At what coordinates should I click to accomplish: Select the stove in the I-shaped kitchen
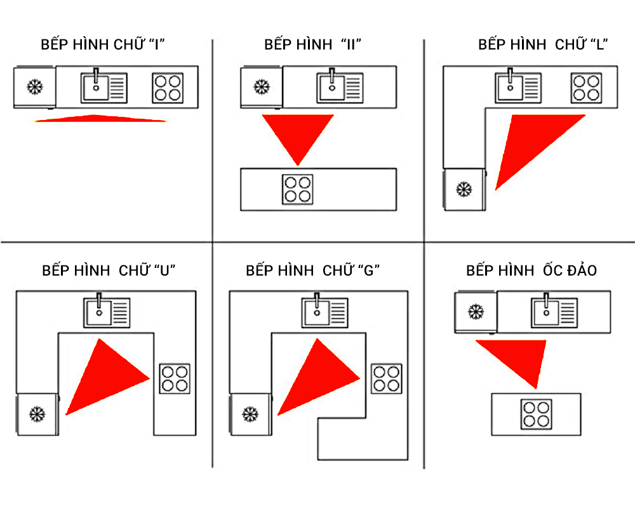(168, 88)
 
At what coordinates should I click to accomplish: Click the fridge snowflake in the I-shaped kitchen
(34, 87)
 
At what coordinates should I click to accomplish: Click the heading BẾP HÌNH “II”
(312, 45)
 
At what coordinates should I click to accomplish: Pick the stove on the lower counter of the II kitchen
(298, 189)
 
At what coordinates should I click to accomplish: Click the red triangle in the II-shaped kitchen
(298, 133)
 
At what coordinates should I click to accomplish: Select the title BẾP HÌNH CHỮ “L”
(544, 45)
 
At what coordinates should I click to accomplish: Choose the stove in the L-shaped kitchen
(586, 88)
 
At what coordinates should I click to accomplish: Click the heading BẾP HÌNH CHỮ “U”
(109, 270)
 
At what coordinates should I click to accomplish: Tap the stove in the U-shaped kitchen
(174, 378)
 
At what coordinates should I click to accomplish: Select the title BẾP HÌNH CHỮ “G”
(312, 270)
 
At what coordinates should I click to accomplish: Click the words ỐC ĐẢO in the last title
(570, 270)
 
